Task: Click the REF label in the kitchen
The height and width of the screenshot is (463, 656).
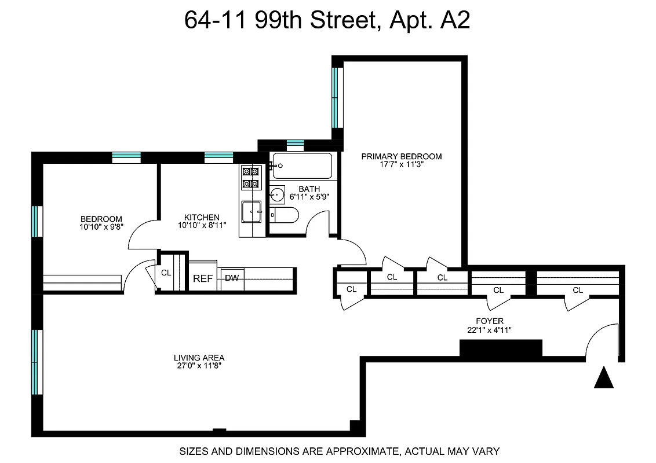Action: (x=203, y=278)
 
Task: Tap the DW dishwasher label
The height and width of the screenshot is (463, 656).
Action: (x=232, y=278)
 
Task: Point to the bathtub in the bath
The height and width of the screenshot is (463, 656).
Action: (x=302, y=166)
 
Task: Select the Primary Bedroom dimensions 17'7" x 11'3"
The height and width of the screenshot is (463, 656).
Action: (x=401, y=165)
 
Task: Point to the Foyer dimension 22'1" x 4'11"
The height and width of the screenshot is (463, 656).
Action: (x=490, y=330)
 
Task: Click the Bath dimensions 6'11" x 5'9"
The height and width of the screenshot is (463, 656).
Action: (x=309, y=197)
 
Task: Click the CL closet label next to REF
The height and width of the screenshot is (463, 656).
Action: (x=166, y=273)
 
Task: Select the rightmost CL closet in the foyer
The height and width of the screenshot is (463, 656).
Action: (x=577, y=290)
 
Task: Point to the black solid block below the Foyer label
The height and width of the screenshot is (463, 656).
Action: (x=500, y=348)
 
